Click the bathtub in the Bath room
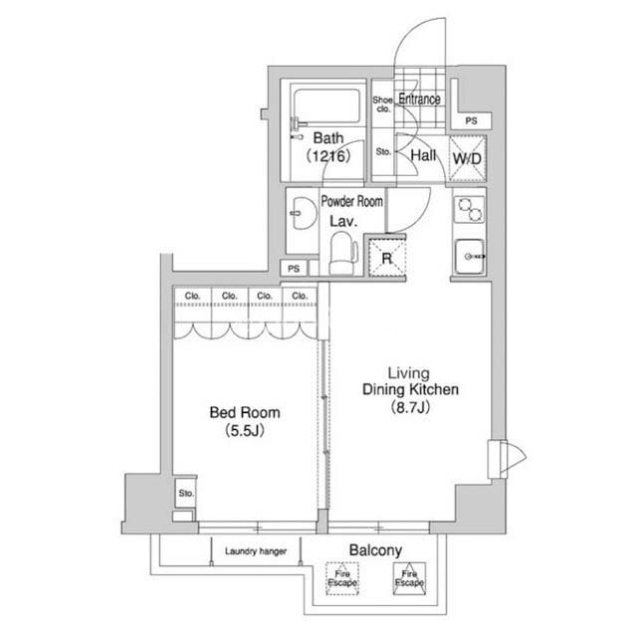(x=326, y=106)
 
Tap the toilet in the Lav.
(x=343, y=253)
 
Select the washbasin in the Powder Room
(x=304, y=213)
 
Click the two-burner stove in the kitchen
(x=469, y=209)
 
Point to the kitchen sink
(x=470, y=257)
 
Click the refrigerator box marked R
(x=387, y=259)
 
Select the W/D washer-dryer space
(x=467, y=158)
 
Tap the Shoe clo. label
(x=383, y=104)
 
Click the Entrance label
(x=419, y=99)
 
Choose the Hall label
(x=423, y=155)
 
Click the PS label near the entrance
(x=471, y=120)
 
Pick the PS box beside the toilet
(x=294, y=269)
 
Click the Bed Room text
(x=245, y=412)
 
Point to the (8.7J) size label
(x=410, y=407)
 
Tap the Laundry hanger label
(x=256, y=551)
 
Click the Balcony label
(x=375, y=550)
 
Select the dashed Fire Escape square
(x=342, y=578)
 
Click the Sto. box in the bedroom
(x=186, y=493)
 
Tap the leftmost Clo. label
(x=192, y=296)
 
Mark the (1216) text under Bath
(x=328, y=155)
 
